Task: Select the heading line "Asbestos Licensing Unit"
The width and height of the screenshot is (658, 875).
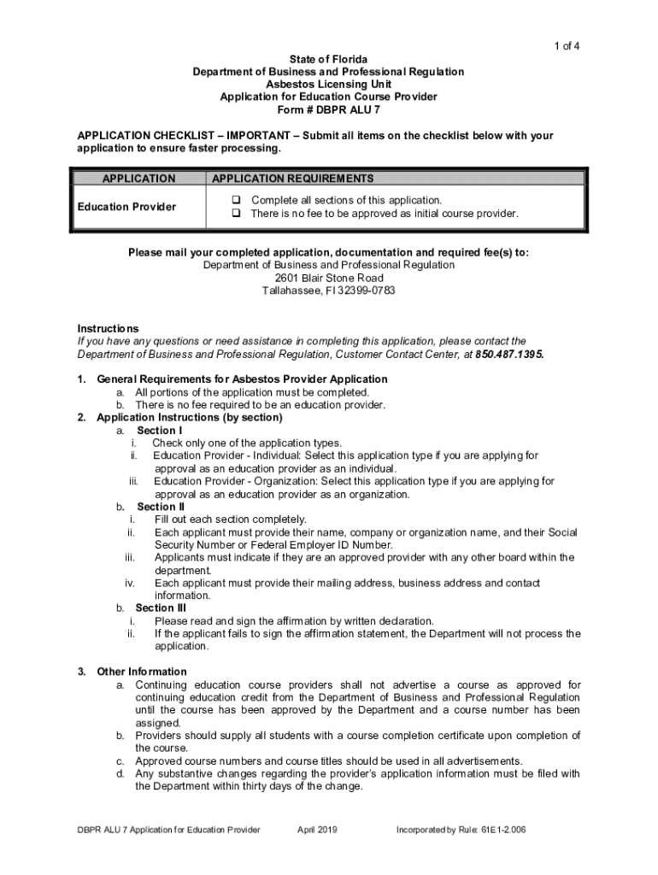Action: pyautogui.click(x=328, y=85)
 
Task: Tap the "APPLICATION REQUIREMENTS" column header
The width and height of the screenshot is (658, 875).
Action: pyautogui.click(x=292, y=179)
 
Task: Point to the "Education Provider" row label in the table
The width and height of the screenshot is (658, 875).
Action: pyautogui.click(x=126, y=207)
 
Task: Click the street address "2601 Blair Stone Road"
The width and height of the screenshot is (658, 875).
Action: pyautogui.click(x=328, y=279)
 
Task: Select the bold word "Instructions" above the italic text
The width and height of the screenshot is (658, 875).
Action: pyautogui.click(x=108, y=328)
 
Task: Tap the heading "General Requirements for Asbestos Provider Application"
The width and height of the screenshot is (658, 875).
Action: pyautogui.click(x=242, y=379)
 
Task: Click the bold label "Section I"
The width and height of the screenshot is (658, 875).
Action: pyautogui.click(x=159, y=431)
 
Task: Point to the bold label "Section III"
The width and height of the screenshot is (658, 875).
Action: pyautogui.click(x=161, y=608)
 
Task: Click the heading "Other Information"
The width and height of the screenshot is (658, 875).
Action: pyautogui.click(x=142, y=672)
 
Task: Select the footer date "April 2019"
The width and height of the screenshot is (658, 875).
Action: pyautogui.click(x=317, y=830)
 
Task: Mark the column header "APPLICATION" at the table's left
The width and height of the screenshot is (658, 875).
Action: pyautogui.click(x=138, y=179)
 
